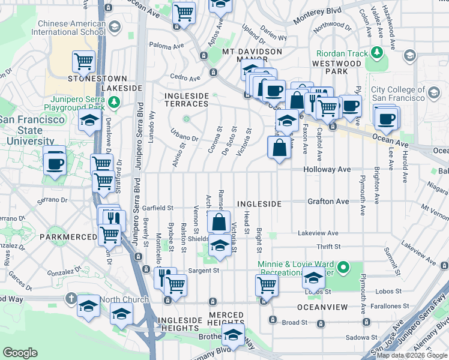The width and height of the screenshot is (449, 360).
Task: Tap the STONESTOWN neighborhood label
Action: tap(97, 79)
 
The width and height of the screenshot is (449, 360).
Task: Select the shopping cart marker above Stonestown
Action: tap(83, 61)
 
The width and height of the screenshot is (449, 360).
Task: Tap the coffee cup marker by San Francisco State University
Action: tap(55, 162)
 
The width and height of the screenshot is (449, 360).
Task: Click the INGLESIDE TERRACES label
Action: tap(186, 100)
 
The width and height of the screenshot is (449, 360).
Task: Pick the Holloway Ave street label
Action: tap(327, 170)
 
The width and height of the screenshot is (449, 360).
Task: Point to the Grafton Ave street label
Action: tap(328, 202)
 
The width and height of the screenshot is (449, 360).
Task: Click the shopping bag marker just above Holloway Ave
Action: tap(280, 148)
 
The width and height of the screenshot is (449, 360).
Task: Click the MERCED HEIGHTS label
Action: tap(226, 320)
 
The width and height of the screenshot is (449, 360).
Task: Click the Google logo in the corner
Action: tap(20, 353)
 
